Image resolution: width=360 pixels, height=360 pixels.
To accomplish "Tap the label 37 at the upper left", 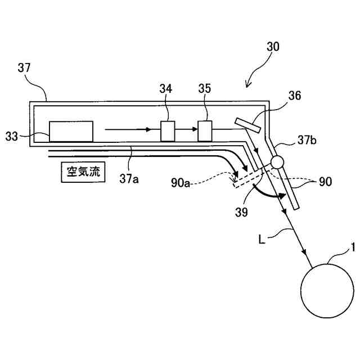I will (24, 68).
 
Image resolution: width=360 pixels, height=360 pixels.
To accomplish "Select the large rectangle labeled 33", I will (71, 131).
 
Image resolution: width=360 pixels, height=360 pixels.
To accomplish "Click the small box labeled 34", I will (168, 131).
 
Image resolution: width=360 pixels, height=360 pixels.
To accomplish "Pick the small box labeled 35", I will (205, 130).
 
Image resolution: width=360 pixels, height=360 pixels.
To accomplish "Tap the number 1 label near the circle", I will (353, 246).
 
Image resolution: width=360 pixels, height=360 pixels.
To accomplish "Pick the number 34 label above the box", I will (166, 88).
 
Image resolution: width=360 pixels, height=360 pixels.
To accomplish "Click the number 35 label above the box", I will (205, 88).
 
